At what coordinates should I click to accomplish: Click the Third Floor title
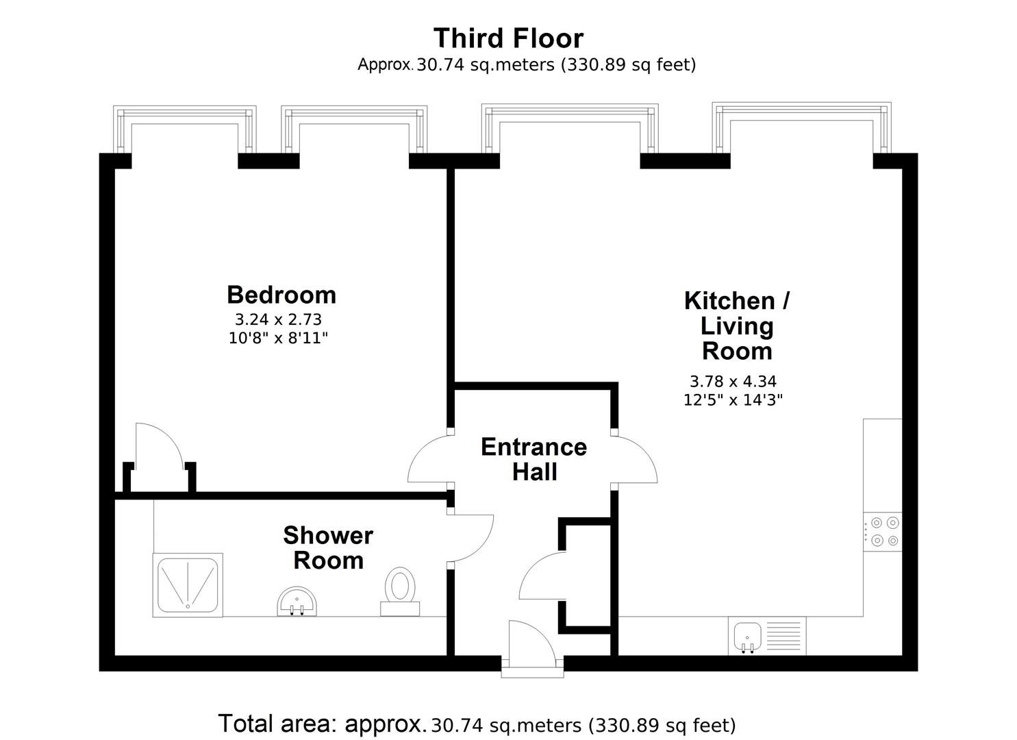pos(508,38)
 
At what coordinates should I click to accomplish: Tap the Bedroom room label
pos(281,295)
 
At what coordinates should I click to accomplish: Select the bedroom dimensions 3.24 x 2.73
pos(278,320)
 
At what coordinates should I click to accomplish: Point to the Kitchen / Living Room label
pos(737,326)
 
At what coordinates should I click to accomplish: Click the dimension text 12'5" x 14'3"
pos(733,400)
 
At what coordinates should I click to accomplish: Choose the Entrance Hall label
pos(534,460)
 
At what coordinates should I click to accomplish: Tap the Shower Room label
pos(328,548)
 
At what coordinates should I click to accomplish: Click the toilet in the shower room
pos(399,591)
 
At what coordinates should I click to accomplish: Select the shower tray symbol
pos(188,585)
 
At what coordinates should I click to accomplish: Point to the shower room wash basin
pos(297,602)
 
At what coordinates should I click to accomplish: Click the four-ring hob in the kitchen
pos(882,532)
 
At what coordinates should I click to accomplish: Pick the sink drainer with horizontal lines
pos(783,637)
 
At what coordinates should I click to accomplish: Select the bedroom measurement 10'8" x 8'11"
pos(278,338)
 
